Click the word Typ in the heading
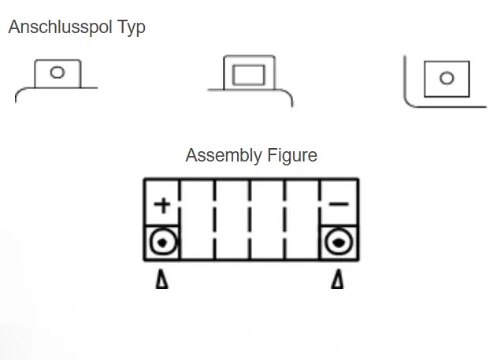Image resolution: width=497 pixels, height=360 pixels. click(130, 27)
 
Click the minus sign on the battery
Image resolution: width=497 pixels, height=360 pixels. click(339, 205)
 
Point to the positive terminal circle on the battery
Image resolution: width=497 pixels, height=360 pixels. click(162, 242)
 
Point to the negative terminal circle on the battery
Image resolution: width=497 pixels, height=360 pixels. click(339, 242)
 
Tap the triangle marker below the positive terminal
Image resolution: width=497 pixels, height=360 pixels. click(161, 279)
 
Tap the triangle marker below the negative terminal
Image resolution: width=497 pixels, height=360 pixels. click(337, 279)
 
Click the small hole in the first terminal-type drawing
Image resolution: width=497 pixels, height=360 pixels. click(57, 72)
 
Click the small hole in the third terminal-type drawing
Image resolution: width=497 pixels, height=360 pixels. click(447, 78)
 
